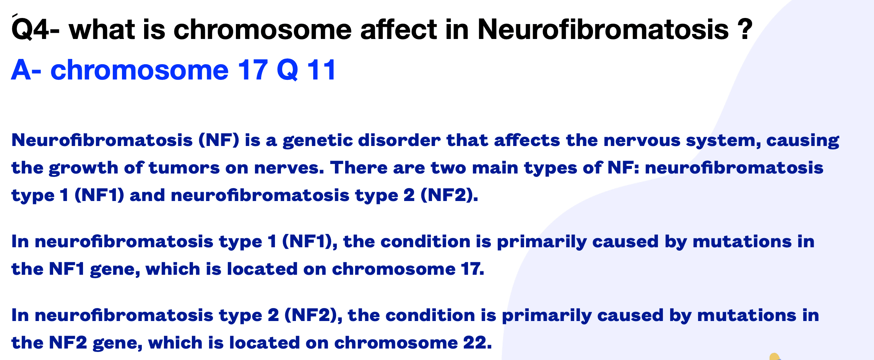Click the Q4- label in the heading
point(36,29)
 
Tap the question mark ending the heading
point(745,29)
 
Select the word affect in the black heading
point(398,29)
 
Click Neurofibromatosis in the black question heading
point(603,29)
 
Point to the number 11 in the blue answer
point(322,70)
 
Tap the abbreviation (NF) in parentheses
point(219,140)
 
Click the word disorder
point(400,140)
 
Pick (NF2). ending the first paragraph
point(449,196)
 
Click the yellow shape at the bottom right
point(775,356)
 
